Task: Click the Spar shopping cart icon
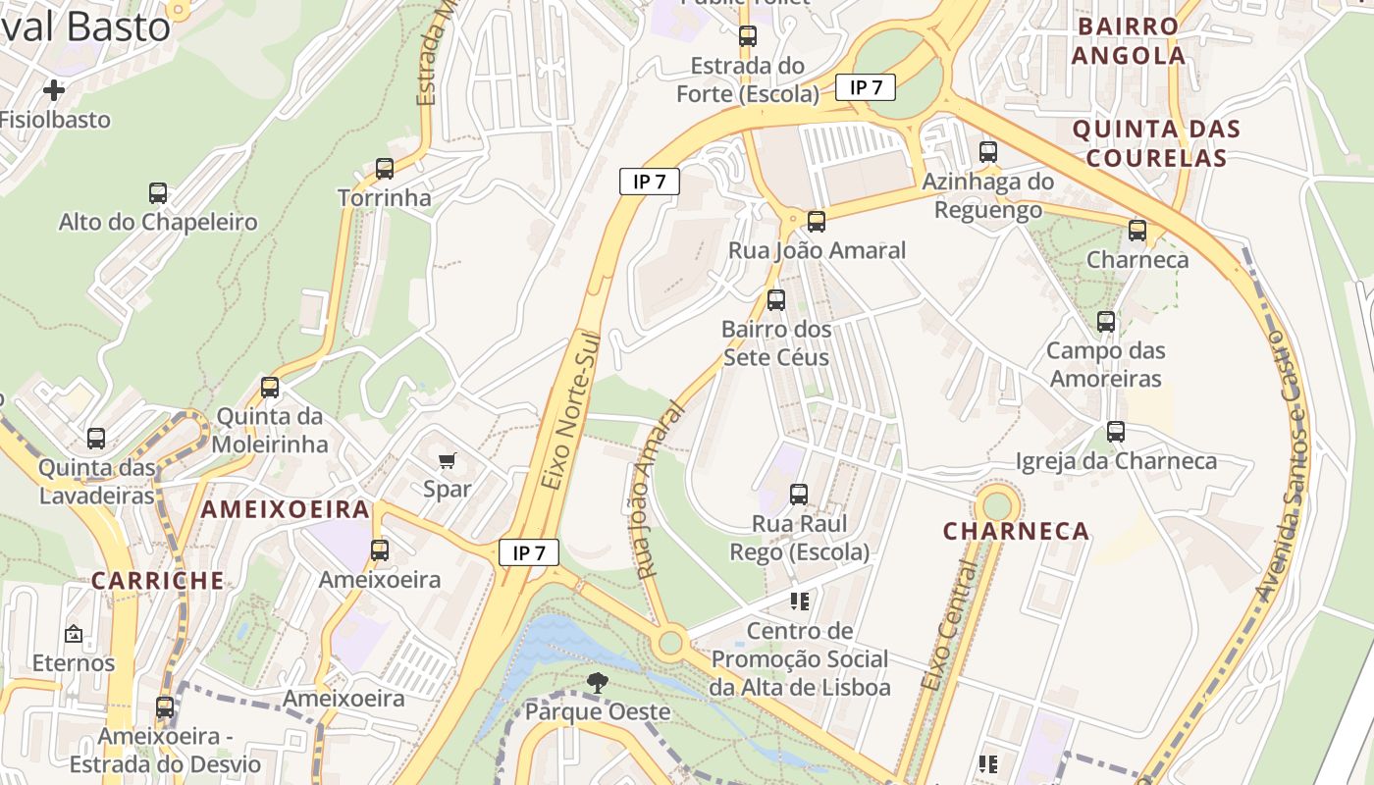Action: (448, 460)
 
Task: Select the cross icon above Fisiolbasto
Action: (54, 90)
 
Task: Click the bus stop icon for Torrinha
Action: (385, 169)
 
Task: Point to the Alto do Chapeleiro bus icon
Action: (158, 193)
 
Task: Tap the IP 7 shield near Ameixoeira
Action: (529, 552)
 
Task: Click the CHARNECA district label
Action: (1016, 532)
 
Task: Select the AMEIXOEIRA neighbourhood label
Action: (286, 509)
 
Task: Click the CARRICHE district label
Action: (158, 580)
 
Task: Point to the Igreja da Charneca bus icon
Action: (1115, 432)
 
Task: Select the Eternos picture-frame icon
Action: (74, 635)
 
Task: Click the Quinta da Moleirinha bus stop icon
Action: (270, 388)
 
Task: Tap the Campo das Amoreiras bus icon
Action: (1106, 322)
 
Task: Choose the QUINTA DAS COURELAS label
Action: (1156, 143)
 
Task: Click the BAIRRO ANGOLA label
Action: (1128, 41)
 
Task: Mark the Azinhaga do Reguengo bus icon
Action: (988, 152)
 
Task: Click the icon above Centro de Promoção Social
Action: (799, 601)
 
